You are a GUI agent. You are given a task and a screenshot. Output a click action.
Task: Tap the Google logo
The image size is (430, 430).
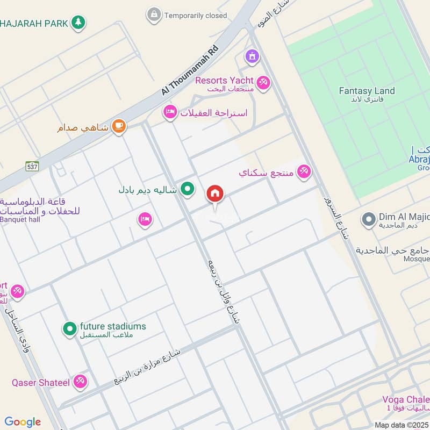click(x=23, y=422)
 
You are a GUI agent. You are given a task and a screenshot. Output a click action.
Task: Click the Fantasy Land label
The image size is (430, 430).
click(x=367, y=91)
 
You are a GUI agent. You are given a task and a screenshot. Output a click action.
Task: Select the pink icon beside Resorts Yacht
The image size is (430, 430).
click(x=263, y=83)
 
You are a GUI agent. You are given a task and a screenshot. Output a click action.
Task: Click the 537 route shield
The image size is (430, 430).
click(x=32, y=167)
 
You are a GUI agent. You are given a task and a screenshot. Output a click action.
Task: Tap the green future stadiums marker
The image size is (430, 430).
click(x=69, y=328)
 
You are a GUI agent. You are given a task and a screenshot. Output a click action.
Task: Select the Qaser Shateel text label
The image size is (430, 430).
click(x=41, y=383)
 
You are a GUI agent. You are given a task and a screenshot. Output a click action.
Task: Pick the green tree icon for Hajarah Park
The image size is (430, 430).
click(x=78, y=23)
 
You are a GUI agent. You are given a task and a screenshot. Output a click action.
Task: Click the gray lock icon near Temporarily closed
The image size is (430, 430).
click(x=154, y=15)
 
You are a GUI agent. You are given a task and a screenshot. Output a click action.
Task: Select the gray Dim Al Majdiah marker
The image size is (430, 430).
click(x=368, y=219)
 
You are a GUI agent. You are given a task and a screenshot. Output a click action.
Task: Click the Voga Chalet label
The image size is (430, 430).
click(x=406, y=399)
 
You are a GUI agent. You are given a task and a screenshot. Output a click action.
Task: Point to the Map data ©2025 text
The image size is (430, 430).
click(x=400, y=425)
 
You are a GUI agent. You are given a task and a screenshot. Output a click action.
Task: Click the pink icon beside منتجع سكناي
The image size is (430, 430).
click(x=304, y=172)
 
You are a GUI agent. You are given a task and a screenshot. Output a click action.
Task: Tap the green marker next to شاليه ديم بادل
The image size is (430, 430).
click(x=187, y=189)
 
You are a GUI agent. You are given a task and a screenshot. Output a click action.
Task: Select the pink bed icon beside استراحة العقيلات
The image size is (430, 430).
click(x=170, y=112)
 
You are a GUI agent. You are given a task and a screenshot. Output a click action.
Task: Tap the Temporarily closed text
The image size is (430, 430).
click(x=196, y=16)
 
